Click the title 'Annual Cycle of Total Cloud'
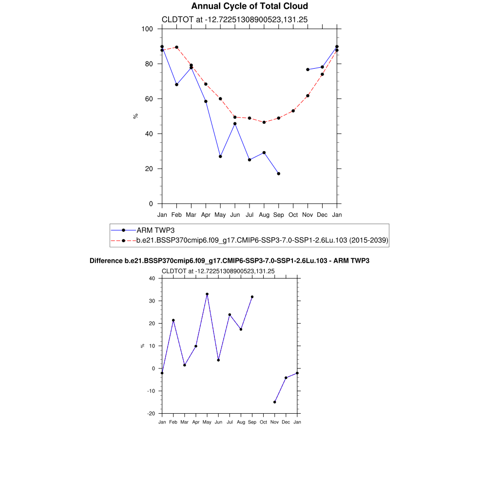click(249, 6)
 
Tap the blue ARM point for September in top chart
click(279, 173)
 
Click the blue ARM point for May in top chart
click(220, 156)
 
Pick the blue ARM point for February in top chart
click(176, 85)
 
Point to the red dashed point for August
click(264, 122)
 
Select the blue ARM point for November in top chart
click(308, 70)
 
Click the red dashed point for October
click(293, 111)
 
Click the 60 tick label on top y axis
click(150, 99)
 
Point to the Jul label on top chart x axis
click(249, 214)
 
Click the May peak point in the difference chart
click(207, 294)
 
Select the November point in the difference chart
click(275, 402)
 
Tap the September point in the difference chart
click(252, 297)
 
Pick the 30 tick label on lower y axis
click(151, 301)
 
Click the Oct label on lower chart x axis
click(264, 422)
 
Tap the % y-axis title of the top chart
click(135, 116)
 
